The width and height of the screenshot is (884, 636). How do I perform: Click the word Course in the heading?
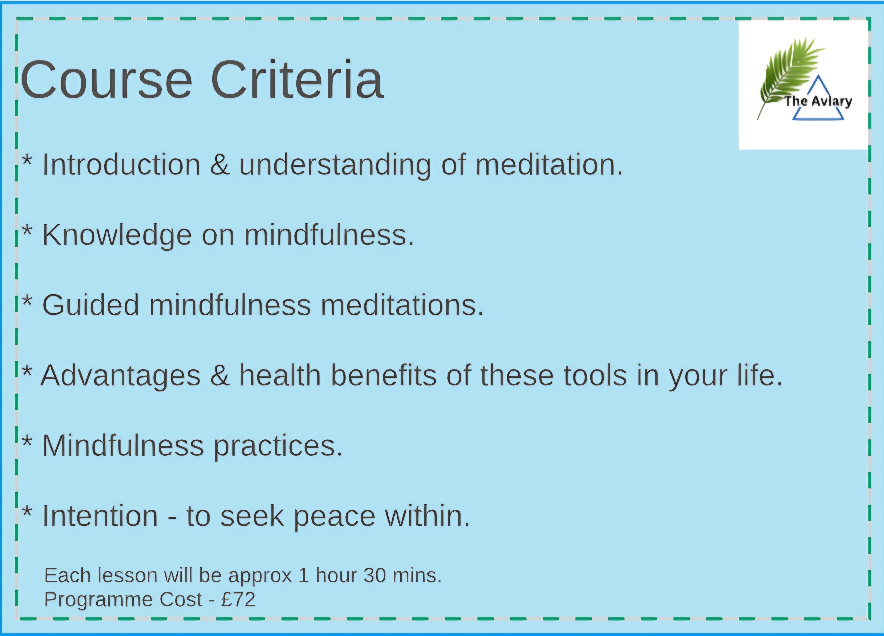(x=106, y=80)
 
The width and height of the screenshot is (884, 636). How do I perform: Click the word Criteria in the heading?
(x=297, y=79)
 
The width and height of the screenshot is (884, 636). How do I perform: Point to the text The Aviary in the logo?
(x=818, y=101)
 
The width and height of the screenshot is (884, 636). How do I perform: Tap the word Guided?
(x=90, y=305)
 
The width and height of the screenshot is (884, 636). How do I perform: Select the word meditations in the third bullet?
(x=401, y=305)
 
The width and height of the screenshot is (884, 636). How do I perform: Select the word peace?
(x=334, y=517)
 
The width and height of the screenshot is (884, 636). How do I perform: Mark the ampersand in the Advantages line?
(x=220, y=375)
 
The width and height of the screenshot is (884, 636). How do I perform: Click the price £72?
(x=238, y=599)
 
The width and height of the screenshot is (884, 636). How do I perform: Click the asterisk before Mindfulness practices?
(x=27, y=440)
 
